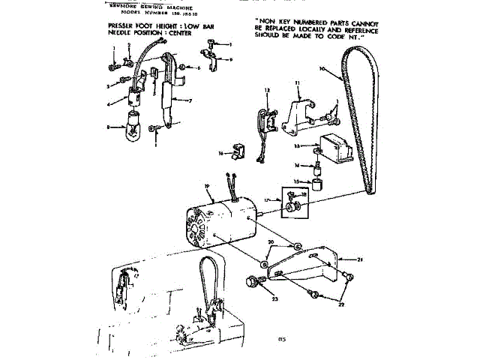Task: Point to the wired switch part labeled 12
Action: (263, 120)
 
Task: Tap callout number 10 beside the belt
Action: (322, 69)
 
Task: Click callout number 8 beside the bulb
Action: (109, 128)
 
